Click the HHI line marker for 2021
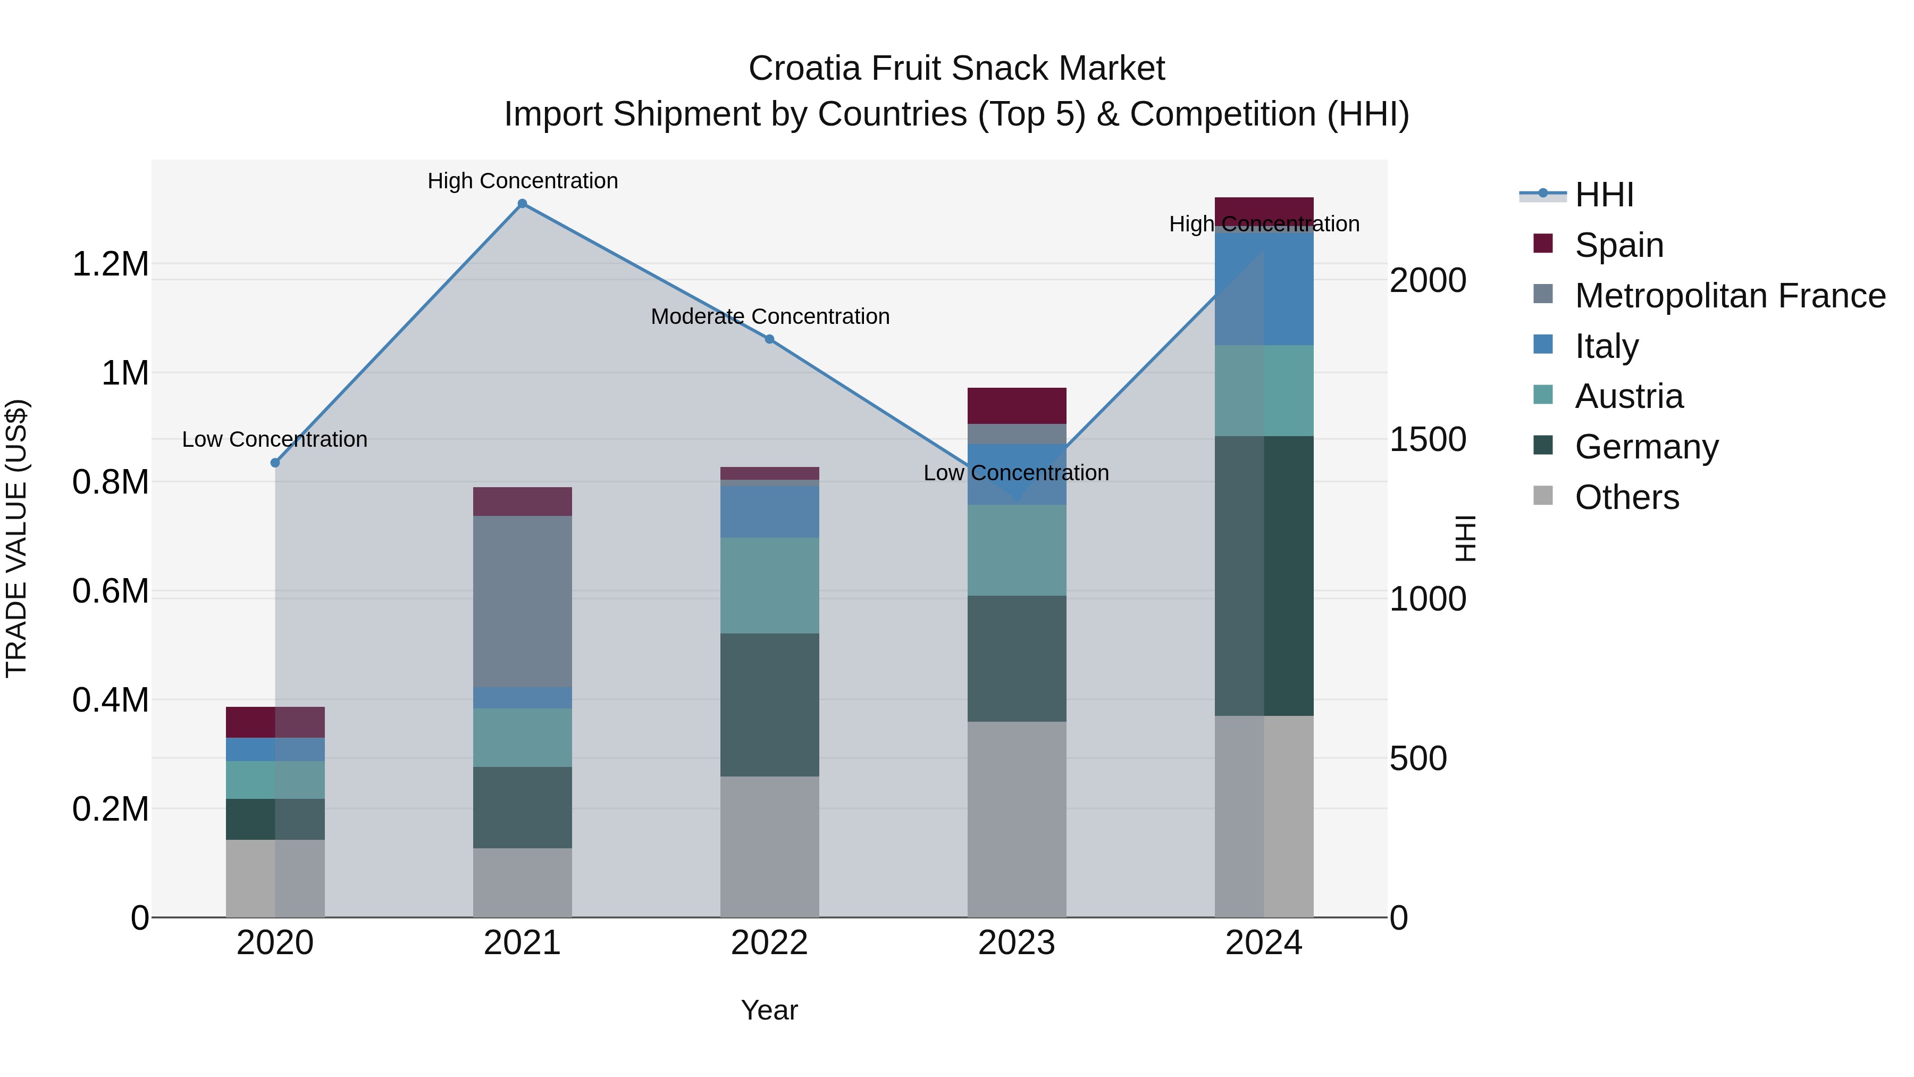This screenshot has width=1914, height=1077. (x=522, y=204)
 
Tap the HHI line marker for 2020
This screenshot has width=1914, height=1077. (x=275, y=462)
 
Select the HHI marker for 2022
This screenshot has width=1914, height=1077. (x=770, y=339)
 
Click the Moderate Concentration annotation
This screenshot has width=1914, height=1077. (x=770, y=316)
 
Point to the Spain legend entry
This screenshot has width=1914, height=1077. (x=1618, y=245)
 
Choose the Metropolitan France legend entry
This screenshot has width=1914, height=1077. (x=1730, y=296)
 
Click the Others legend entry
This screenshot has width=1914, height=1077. (x=1626, y=497)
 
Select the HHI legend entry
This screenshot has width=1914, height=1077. (x=1604, y=195)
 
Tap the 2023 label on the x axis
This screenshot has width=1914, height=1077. (x=1017, y=943)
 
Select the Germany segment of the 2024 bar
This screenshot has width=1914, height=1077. (x=1264, y=576)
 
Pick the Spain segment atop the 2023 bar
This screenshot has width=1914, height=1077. (x=1017, y=406)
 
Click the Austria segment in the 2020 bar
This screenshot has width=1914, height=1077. (x=275, y=780)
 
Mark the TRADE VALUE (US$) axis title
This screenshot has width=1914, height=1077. (x=16, y=538)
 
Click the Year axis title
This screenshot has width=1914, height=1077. (x=769, y=1010)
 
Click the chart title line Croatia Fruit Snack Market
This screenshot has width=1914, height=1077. (x=956, y=69)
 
